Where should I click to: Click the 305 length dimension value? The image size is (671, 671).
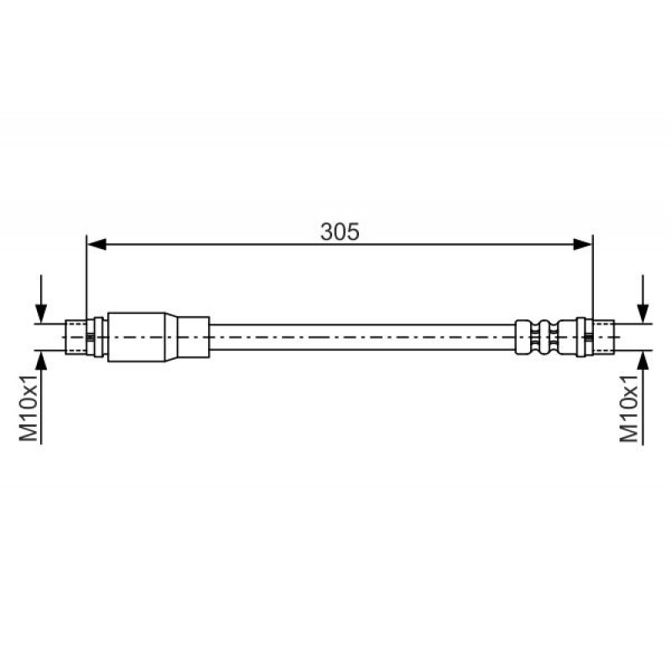tap(340, 231)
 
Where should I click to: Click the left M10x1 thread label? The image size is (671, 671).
tap(29, 408)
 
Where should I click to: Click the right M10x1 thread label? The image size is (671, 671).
tap(630, 408)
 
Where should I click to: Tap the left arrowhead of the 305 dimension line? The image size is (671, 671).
tap(96, 244)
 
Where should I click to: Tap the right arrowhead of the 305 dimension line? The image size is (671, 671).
tap(583, 244)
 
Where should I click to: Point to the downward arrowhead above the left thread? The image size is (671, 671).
tap(41, 313)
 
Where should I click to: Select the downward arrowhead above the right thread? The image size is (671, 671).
tap(642, 313)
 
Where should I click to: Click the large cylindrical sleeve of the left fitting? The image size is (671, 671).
tap(137, 337)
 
